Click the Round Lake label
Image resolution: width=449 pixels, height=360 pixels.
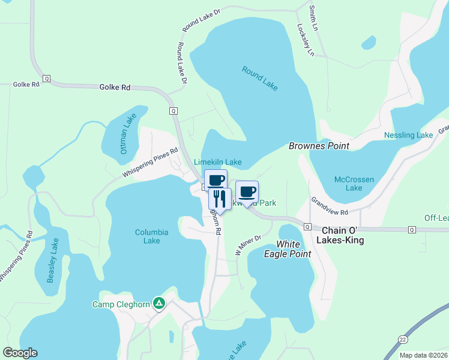(x=260, y=79)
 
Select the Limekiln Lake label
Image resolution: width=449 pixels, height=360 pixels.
(x=218, y=162)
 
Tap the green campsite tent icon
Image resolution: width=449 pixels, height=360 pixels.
(x=158, y=304)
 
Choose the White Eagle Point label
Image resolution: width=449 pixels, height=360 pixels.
(x=294, y=249)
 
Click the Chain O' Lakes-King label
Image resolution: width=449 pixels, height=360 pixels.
(x=343, y=235)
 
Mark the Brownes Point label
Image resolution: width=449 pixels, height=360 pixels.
(x=319, y=146)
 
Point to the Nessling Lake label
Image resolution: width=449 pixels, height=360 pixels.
(x=408, y=136)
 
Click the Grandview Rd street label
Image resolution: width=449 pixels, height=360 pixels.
(x=330, y=206)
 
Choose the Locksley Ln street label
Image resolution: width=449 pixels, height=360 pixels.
(x=305, y=41)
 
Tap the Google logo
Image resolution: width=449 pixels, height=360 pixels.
(x=20, y=353)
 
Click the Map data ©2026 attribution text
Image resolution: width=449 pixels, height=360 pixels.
(x=423, y=355)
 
